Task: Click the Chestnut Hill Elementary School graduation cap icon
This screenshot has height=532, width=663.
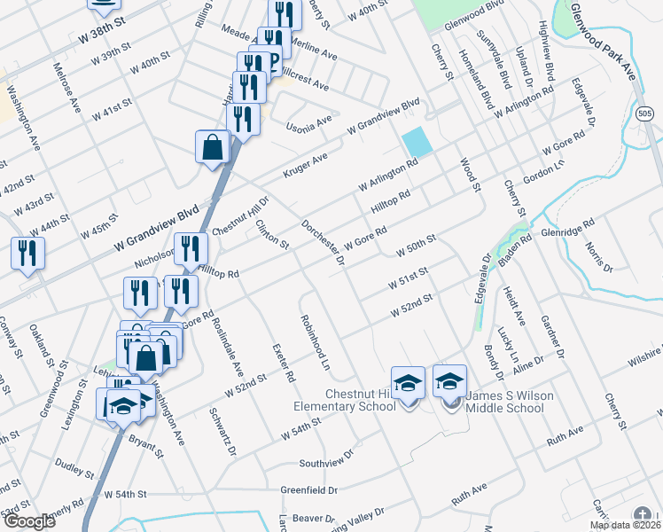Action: [408, 382]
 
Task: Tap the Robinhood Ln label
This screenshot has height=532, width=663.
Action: [315, 342]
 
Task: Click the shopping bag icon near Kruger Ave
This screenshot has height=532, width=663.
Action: [214, 147]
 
